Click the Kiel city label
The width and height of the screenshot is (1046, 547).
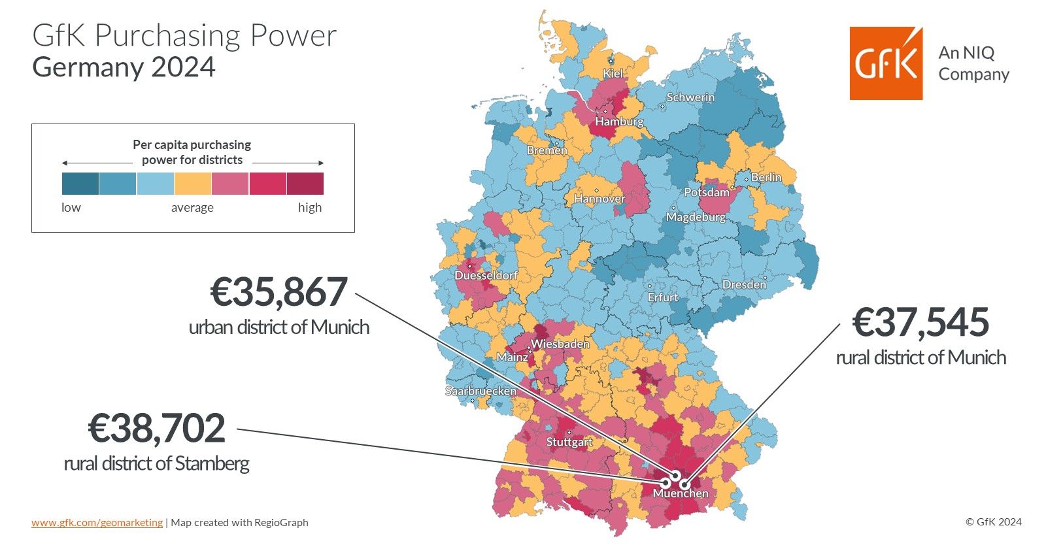(x=613, y=74)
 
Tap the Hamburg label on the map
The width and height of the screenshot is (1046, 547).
(x=619, y=122)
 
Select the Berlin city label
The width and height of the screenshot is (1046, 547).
(x=766, y=177)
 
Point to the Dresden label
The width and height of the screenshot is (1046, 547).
(x=744, y=284)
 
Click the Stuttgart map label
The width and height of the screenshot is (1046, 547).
(x=569, y=442)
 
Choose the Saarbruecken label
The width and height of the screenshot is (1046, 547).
(x=481, y=391)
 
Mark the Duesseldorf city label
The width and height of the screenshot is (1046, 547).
(x=486, y=276)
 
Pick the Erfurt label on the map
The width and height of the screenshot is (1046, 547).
(x=662, y=297)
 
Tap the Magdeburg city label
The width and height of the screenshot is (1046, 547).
(x=696, y=217)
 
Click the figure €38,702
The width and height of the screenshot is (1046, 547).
(x=157, y=428)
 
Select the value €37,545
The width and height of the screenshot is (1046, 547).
(x=920, y=322)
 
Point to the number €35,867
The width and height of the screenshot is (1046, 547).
(x=278, y=292)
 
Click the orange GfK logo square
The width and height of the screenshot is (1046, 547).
(x=886, y=63)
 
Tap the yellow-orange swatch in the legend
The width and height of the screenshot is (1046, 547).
(x=193, y=184)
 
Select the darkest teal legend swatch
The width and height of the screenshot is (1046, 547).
(x=80, y=184)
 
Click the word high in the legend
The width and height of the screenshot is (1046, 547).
(x=310, y=207)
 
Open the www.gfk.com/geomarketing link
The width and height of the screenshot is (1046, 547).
(x=97, y=522)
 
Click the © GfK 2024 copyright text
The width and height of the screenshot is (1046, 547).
(x=993, y=522)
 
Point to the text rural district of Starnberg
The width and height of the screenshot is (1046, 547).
(x=157, y=463)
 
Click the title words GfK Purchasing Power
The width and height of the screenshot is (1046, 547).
(x=184, y=35)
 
